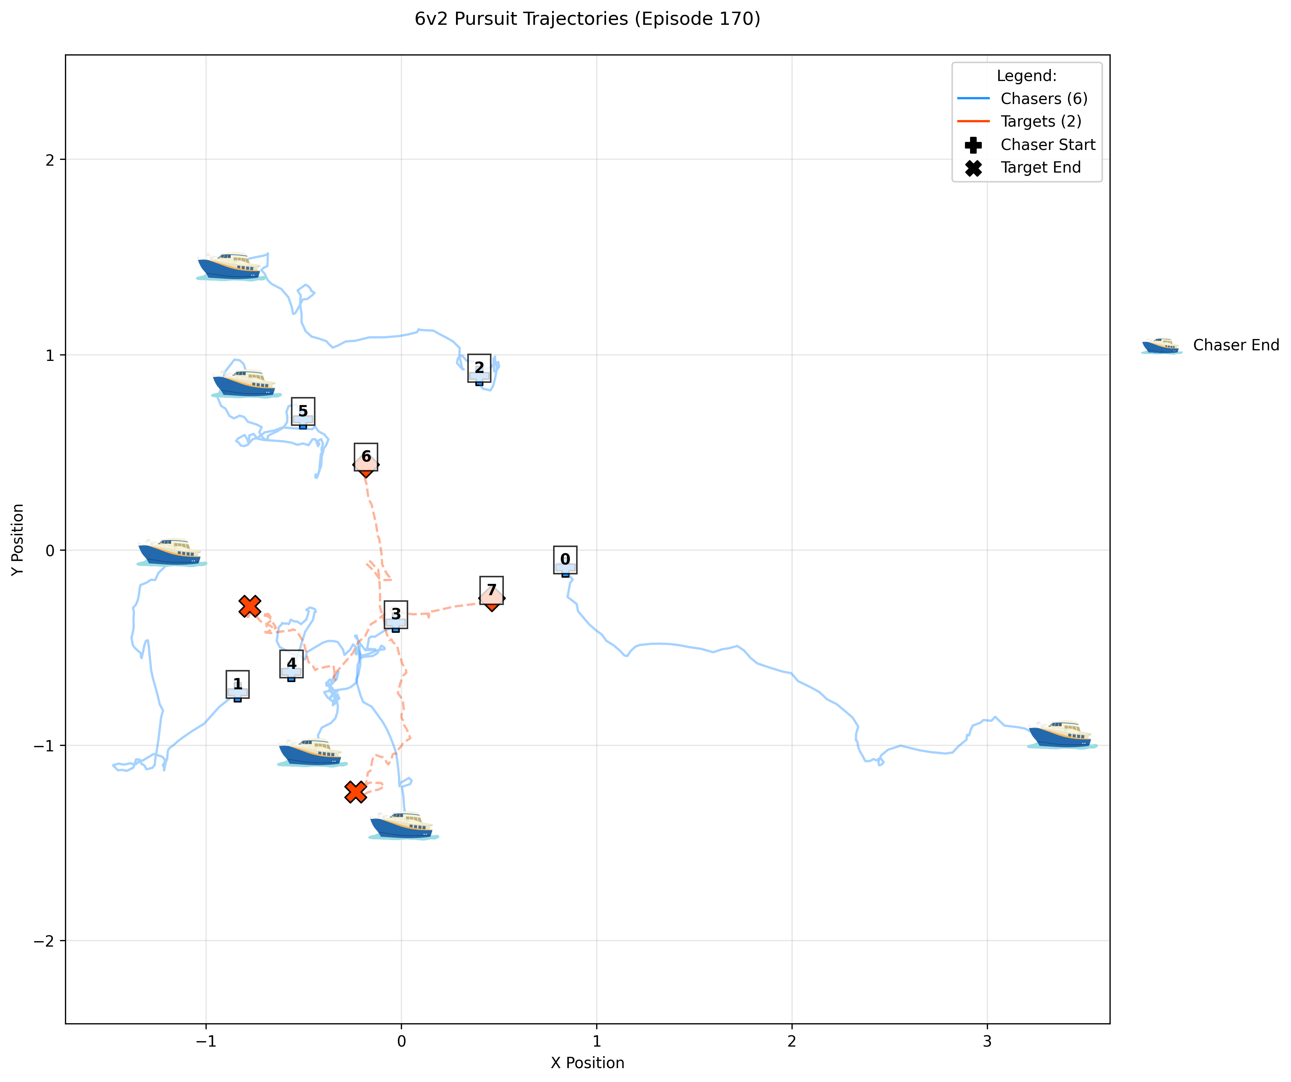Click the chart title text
point(587,19)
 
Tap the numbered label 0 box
point(565,559)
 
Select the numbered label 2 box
point(479,367)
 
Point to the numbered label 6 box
point(366,457)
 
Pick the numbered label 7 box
point(491,590)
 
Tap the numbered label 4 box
point(291,663)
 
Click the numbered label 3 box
point(396,614)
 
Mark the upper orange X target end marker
point(250,606)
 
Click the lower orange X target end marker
point(355,792)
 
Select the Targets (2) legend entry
point(1040,122)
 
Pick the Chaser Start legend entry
point(1047,145)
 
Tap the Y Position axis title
point(18,539)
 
